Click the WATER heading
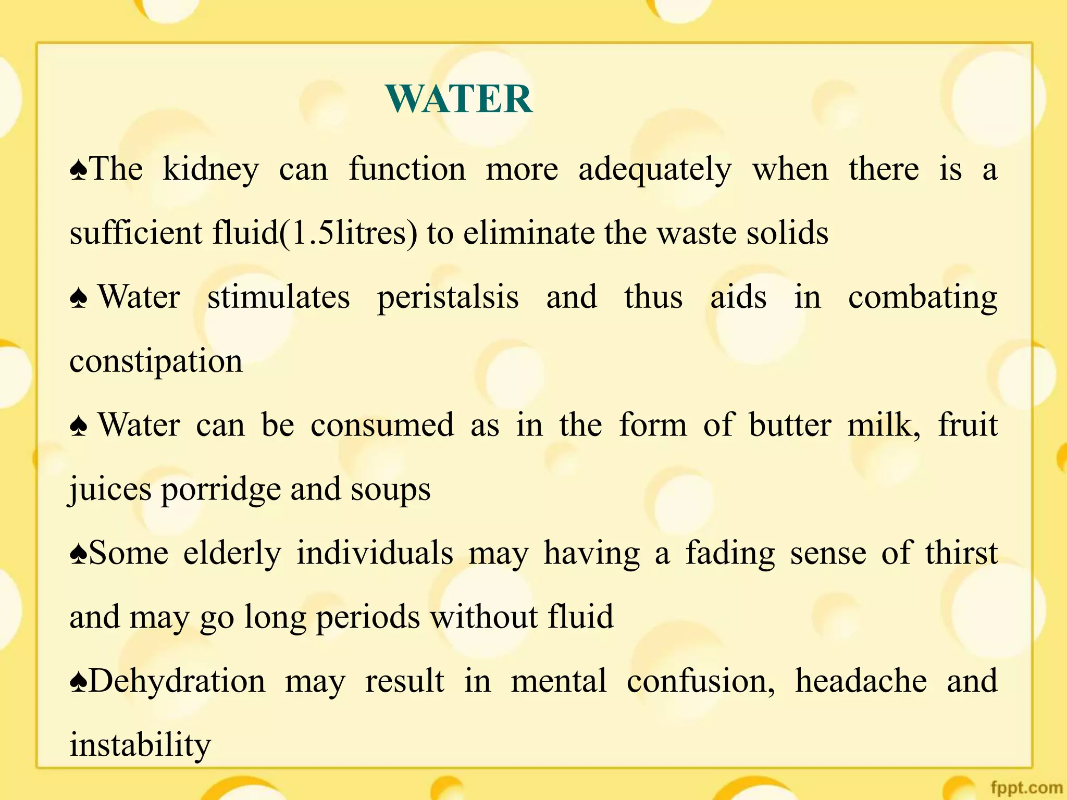[458, 99]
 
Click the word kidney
[210, 170]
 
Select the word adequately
[655, 170]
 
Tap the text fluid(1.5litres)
[315, 233]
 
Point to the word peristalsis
[448, 298]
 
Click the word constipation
[156, 361]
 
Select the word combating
[922, 298]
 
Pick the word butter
[790, 425]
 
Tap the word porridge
[221, 490]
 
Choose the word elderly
[232, 553]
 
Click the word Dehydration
[177, 681]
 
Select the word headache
[861, 681]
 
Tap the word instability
[140, 745]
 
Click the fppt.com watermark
[1026, 788]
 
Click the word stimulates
[279, 298]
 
